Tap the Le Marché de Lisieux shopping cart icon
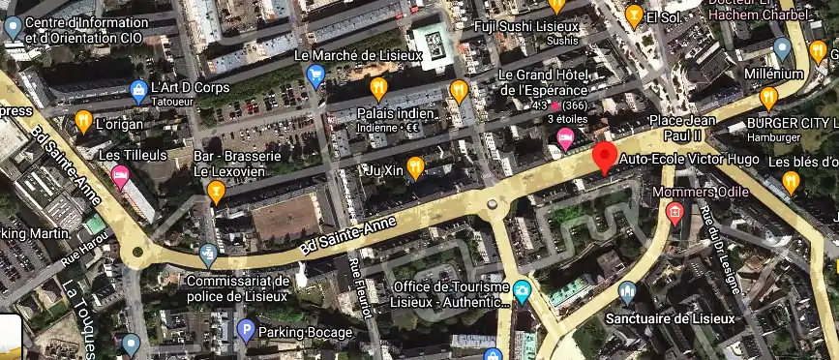coord(315,75)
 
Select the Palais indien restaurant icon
coord(378,89)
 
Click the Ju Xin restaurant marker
coord(415,167)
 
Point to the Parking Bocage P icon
coord(246,332)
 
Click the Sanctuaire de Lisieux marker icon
coord(627,292)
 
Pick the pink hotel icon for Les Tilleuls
coord(121,175)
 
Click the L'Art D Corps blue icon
coord(138,92)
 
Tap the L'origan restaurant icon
coord(83,121)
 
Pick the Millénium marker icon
coord(783,48)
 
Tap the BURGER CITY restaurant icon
coord(768,97)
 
